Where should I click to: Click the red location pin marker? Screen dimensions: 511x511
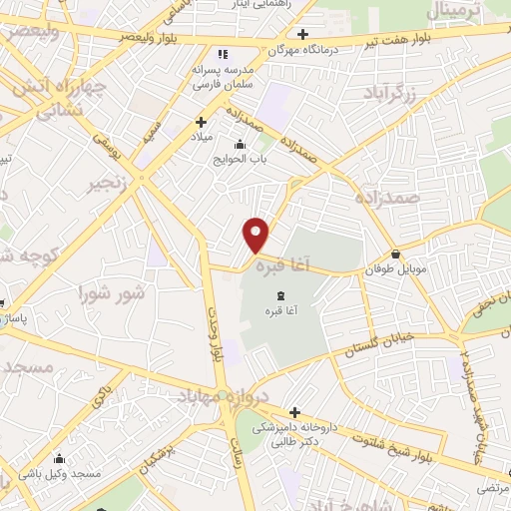[x=256, y=235]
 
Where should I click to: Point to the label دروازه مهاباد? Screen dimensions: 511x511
[x=223, y=396]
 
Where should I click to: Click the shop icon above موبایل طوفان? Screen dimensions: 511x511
[x=397, y=254]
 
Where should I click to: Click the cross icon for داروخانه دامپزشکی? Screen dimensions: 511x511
[x=294, y=411]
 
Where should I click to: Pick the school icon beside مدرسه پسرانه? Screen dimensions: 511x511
[x=223, y=53]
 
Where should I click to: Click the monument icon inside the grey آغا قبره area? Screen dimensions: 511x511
[x=278, y=293]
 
